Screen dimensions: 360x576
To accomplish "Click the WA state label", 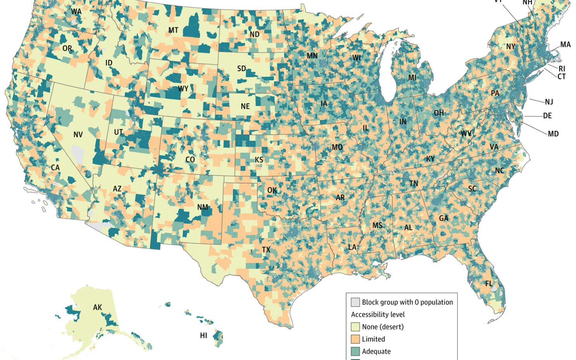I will [x=76, y=12].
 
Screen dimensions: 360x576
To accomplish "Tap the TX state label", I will [x=266, y=250].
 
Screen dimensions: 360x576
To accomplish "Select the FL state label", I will [x=489, y=284].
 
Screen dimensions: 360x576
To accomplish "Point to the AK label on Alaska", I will [x=98, y=307].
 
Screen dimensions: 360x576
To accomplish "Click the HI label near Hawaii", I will [x=204, y=336].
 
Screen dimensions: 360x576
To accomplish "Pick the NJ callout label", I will [x=549, y=102].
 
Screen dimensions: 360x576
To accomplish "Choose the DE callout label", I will [x=547, y=116].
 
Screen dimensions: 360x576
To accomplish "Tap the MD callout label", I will [x=553, y=134].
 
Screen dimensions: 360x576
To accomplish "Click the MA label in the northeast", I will [x=565, y=45].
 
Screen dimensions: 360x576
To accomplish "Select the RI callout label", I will [x=562, y=69].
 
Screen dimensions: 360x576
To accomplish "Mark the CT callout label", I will [x=561, y=77].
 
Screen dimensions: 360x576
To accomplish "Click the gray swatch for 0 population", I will [x=355, y=302].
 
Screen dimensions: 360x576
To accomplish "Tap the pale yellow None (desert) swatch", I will [x=355, y=327].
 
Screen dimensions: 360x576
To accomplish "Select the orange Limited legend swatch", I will [x=355, y=339].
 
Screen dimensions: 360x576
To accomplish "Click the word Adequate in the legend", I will [x=376, y=351].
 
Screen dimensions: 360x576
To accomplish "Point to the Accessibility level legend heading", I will [x=378, y=314].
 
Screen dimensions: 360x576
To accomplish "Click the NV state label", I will [x=78, y=135].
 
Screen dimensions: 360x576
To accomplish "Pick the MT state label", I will [x=173, y=30].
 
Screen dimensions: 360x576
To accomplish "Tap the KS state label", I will [x=259, y=160].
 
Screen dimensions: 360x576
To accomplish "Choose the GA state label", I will [x=444, y=218].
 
